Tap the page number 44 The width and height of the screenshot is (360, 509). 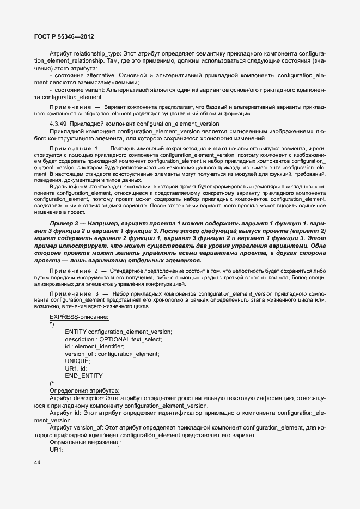point(37,463)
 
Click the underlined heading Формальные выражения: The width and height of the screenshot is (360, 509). point(85,443)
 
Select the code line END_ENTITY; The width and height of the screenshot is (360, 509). point(84,376)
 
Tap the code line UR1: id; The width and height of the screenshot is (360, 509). point(76,369)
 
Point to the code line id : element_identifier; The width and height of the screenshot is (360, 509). point(95,346)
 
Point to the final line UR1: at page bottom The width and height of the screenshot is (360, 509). point(57,450)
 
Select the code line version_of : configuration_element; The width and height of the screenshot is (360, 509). point(112,354)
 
